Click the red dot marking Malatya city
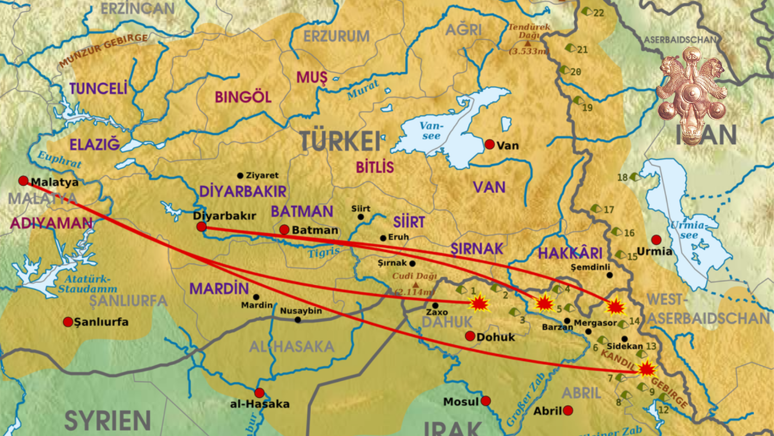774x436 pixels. pos(23,181)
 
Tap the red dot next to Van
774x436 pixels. pos(490,144)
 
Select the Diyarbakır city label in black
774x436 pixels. pos(224,216)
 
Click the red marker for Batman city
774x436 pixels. pos(284,230)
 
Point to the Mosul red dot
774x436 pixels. pos(486,401)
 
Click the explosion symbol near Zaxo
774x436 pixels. pos(479,304)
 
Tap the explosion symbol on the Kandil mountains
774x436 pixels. pos(647,370)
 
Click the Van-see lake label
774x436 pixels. pos(431,131)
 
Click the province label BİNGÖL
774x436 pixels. pos(243,97)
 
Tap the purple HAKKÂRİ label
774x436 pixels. pos(570,253)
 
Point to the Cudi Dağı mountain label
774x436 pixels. pos(415,276)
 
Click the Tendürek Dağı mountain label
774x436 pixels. pos(529,31)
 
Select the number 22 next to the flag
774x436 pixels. pos(598,13)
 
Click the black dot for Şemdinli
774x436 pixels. pos(610,275)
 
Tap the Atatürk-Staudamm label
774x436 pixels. pos(88,284)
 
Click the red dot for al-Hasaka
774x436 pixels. pos(259,392)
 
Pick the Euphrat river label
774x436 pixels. pos(60,159)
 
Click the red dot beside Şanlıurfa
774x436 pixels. pos(68,322)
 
